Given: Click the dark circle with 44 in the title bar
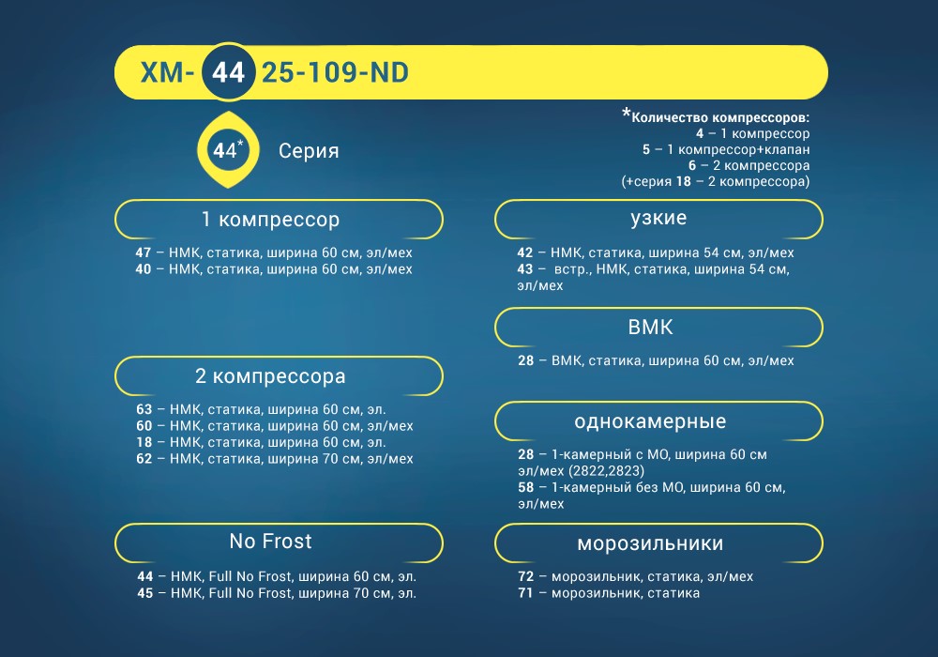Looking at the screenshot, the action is (229, 72).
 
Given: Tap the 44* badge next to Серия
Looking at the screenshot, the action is (228, 149).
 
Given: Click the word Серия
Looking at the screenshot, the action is (309, 151).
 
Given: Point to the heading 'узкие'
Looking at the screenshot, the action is (658, 219).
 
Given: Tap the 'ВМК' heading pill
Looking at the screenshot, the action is (658, 328).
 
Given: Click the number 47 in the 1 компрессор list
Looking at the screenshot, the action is (144, 252).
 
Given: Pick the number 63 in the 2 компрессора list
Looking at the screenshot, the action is (144, 409).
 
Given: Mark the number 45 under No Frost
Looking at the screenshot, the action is (145, 593).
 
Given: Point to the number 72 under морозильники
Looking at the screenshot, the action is (526, 576).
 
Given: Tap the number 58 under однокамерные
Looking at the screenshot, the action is (526, 487).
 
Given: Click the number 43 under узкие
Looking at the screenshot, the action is (525, 269).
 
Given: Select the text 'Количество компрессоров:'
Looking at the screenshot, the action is (720, 117).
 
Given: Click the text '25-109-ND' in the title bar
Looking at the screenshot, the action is (335, 72).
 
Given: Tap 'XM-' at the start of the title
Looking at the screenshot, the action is (167, 72).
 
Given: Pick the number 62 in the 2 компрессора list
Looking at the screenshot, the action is (144, 459).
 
